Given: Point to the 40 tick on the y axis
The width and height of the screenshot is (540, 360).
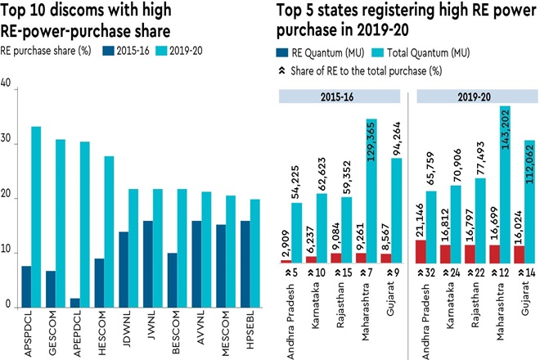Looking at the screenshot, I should click(x=7, y=87).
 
